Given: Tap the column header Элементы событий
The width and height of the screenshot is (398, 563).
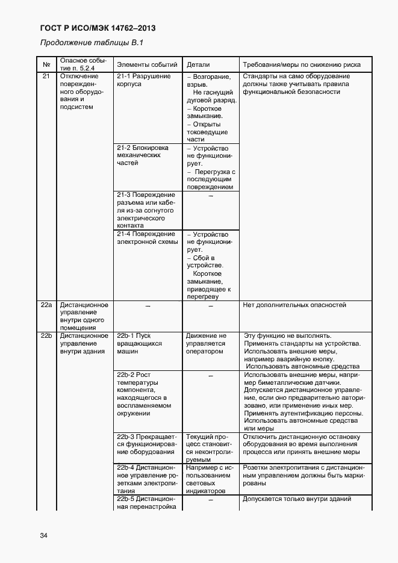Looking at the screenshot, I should tap(147, 64).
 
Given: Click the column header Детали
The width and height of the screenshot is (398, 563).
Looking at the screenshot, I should tap(198, 64).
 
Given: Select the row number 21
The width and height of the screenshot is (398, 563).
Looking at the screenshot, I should tap(46, 76).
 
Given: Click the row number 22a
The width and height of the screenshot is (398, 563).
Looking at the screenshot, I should tap(46, 305).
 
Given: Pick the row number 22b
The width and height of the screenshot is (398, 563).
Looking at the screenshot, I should tap(46, 335).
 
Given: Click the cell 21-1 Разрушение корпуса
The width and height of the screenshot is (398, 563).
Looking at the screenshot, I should tap(144, 81).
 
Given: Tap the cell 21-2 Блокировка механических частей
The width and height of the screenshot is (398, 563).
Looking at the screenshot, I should tap(142, 155).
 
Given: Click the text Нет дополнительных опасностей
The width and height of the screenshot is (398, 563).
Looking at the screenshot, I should tap(294, 305).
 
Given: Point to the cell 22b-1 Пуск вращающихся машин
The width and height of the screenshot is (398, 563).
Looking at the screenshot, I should tap(139, 343).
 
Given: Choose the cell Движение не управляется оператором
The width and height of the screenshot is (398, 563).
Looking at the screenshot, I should tap(206, 343).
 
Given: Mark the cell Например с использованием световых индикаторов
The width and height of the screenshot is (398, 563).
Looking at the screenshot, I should tap(209, 479).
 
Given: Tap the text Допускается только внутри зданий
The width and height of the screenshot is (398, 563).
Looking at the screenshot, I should tap(297, 499).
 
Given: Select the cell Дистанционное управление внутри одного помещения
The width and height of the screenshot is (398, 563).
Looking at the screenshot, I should tap(84, 317).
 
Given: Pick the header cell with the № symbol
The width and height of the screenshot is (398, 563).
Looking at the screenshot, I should tap(46, 64).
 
